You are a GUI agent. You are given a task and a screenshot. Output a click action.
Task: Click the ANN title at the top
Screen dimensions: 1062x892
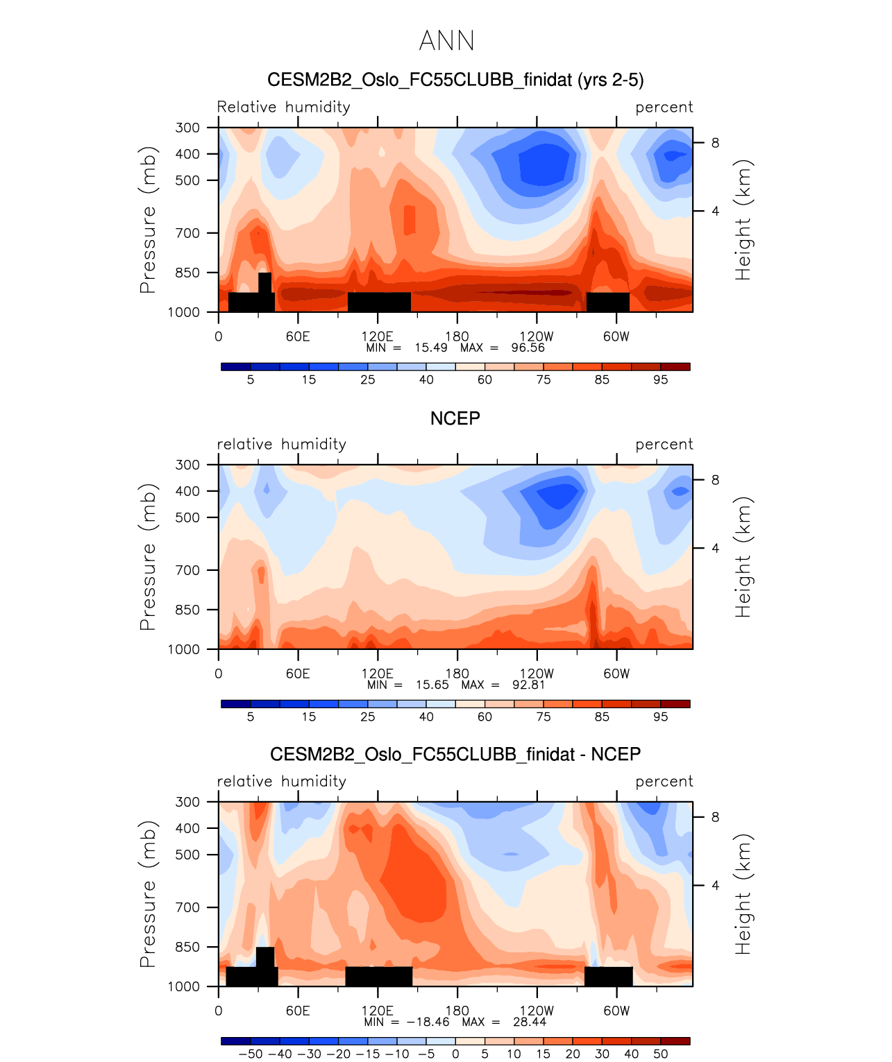[x=446, y=41]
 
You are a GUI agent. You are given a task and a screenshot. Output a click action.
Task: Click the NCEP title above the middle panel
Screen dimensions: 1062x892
[x=455, y=418]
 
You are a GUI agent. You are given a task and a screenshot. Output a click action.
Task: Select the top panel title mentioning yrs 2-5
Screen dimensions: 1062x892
[x=455, y=80]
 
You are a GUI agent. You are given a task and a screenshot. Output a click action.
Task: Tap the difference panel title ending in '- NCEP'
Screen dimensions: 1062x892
[x=455, y=754]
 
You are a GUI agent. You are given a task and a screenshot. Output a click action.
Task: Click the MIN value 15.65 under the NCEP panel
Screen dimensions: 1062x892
[x=432, y=685]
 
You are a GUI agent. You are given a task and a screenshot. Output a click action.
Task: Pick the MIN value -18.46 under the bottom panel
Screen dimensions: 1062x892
[x=428, y=1022]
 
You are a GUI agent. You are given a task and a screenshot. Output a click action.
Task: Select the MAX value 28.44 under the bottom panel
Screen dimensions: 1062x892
[x=529, y=1022]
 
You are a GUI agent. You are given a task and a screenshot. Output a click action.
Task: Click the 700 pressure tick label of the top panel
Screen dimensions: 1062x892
[x=187, y=233]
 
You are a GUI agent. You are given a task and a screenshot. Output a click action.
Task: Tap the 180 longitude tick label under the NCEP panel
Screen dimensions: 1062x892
[x=457, y=674]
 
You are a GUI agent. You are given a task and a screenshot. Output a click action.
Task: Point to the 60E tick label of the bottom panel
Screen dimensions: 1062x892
[x=298, y=1011]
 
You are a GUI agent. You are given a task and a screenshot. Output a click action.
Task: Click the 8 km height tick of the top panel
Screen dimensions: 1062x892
[x=715, y=143]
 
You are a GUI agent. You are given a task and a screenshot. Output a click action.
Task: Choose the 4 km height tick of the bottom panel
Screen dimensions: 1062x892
[x=715, y=885]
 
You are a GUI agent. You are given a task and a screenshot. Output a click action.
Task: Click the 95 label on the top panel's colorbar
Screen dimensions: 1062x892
[x=660, y=379]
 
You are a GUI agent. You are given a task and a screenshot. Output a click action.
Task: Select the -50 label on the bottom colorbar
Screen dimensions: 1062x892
[x=250, y=1054]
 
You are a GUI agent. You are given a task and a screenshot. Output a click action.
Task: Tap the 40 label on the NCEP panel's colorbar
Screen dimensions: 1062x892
[x=426, y=717]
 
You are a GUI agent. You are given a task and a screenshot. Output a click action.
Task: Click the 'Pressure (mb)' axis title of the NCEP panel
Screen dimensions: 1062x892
[x=148, y=557]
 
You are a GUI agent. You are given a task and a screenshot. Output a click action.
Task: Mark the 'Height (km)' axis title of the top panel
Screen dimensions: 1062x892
[x=743, y=220]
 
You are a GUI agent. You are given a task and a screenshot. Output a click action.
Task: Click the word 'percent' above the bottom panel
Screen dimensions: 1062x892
[x=664, y=782]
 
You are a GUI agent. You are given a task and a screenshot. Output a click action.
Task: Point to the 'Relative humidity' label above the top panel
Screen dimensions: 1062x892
[x=283, y=107]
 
